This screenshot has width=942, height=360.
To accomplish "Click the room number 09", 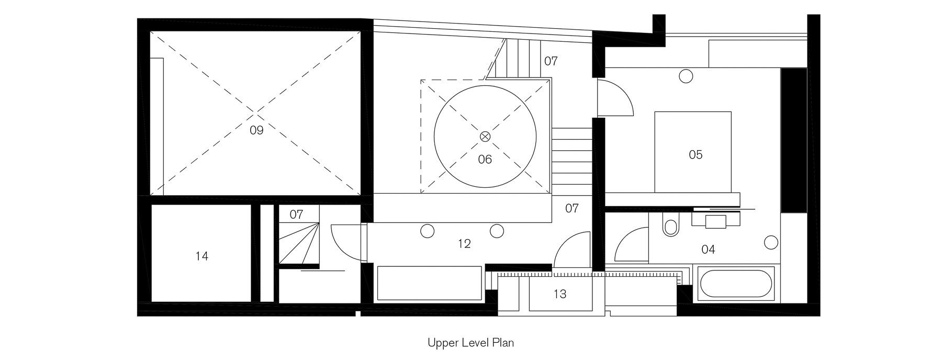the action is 256,130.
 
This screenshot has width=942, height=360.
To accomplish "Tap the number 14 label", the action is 201,256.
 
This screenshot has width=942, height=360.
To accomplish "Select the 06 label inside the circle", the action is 485,159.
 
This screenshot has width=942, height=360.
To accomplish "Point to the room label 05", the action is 696,154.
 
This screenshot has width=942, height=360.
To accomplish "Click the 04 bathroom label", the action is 708,249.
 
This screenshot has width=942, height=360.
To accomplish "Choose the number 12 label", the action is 464,243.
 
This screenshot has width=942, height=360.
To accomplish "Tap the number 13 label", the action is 560,294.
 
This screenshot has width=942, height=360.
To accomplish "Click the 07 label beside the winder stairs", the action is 296,215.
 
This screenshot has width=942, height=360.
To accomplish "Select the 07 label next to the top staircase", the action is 551,61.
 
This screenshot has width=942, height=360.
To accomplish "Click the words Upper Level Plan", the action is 470,343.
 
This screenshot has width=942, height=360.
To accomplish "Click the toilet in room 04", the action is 669,224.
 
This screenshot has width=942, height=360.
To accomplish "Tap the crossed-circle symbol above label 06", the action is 485,136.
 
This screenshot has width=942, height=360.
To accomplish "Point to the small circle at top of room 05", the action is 686,76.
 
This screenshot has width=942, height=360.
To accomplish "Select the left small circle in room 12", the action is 427,231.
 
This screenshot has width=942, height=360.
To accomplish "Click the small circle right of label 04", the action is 771,242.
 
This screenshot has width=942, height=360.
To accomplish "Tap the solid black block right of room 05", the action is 793,140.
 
